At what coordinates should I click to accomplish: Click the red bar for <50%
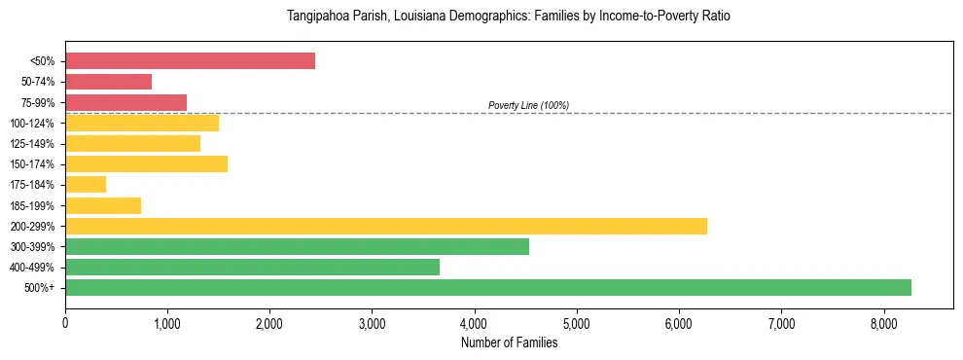point(190,60)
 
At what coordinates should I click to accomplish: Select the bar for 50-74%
point(108,82)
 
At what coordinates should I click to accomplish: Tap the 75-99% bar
point(125,102)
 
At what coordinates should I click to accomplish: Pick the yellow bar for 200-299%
point(386,226)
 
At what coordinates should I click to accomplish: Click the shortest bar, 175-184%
point(86,185)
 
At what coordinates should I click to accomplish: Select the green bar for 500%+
point(488,287)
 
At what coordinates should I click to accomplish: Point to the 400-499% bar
point(252,267)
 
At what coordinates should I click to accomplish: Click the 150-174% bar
point(146,163)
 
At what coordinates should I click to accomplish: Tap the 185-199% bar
point(103,205)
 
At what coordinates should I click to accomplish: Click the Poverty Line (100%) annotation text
point(528,105)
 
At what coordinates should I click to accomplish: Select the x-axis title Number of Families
point(509,342)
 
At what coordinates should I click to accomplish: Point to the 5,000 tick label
point(577,324)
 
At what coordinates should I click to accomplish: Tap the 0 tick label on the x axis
point(65,324)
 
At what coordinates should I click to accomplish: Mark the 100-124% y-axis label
point(32,124)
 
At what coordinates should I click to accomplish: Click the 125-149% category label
point(32,144)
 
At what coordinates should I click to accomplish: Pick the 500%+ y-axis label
point(39,288)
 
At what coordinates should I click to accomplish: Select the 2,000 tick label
point(269,324)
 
